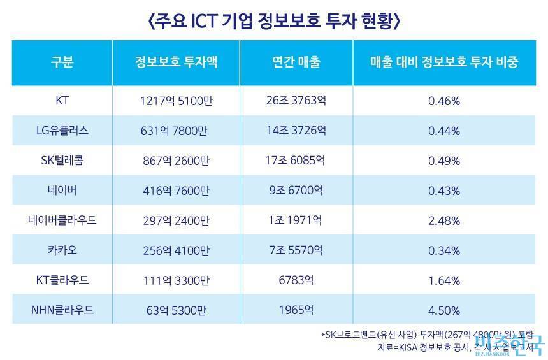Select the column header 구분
(62, 62)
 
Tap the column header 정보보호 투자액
(176, 62)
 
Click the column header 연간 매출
(296, 62)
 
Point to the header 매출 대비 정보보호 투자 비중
(444, 62)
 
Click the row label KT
(62, 100)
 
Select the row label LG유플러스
(62, 130)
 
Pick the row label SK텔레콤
(62, 160)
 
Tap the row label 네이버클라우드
(62, 220)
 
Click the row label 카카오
(62, 250)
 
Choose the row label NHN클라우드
(62, 310)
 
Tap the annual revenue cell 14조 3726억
(296, 130)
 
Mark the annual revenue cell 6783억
(296, 280)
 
